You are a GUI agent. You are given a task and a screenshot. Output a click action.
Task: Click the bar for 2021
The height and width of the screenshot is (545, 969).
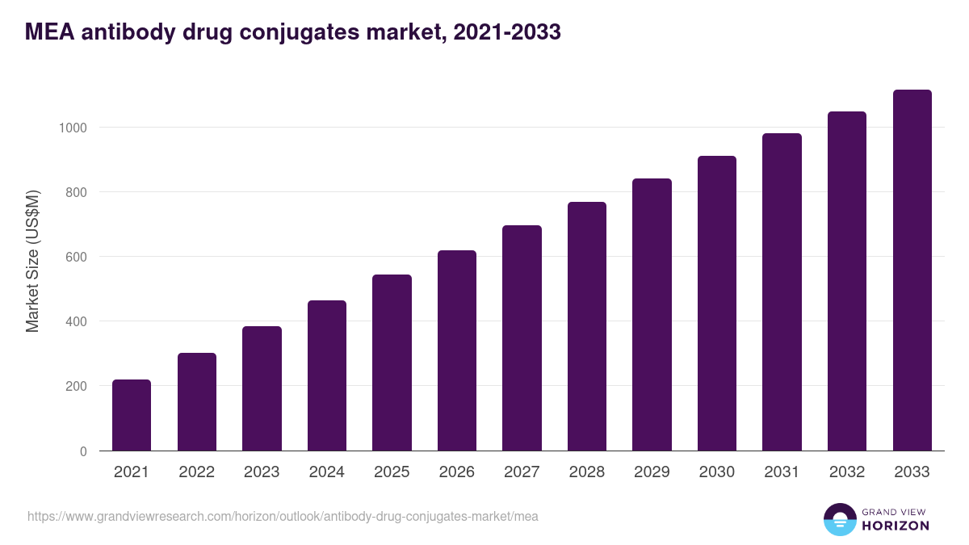point(132,415)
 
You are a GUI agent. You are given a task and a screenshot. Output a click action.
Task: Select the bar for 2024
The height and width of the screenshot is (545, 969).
point(327,375)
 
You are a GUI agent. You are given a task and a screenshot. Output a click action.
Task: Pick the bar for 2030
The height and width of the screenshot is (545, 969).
point(717,303)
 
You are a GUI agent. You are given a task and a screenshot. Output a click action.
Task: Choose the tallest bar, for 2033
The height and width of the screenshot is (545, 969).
point(912,270)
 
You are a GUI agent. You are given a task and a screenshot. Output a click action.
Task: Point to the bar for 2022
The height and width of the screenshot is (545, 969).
point(197,401)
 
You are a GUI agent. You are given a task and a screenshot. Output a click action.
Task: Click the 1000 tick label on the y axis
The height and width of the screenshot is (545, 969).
point(71,128)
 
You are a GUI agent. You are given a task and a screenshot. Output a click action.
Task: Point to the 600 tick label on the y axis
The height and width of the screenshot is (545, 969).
point(75,257)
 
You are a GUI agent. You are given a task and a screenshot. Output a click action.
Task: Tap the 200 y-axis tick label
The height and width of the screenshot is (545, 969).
point(75,386)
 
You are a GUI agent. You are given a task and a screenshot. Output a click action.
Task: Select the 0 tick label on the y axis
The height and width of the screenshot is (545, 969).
point(82,451)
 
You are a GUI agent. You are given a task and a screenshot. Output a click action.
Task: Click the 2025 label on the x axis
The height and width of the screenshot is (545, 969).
point(392,472)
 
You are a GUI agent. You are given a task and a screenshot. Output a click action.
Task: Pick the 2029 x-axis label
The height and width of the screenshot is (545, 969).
point(652,472)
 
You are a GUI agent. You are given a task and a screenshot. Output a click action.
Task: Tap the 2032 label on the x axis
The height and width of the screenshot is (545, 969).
point(847,472)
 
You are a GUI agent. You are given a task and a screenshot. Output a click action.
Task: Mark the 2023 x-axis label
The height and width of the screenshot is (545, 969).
point(262,472)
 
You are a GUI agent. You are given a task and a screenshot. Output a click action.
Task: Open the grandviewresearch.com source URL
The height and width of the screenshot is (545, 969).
point(283,516)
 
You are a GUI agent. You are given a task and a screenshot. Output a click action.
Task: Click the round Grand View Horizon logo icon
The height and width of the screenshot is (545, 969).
point(839,519)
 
